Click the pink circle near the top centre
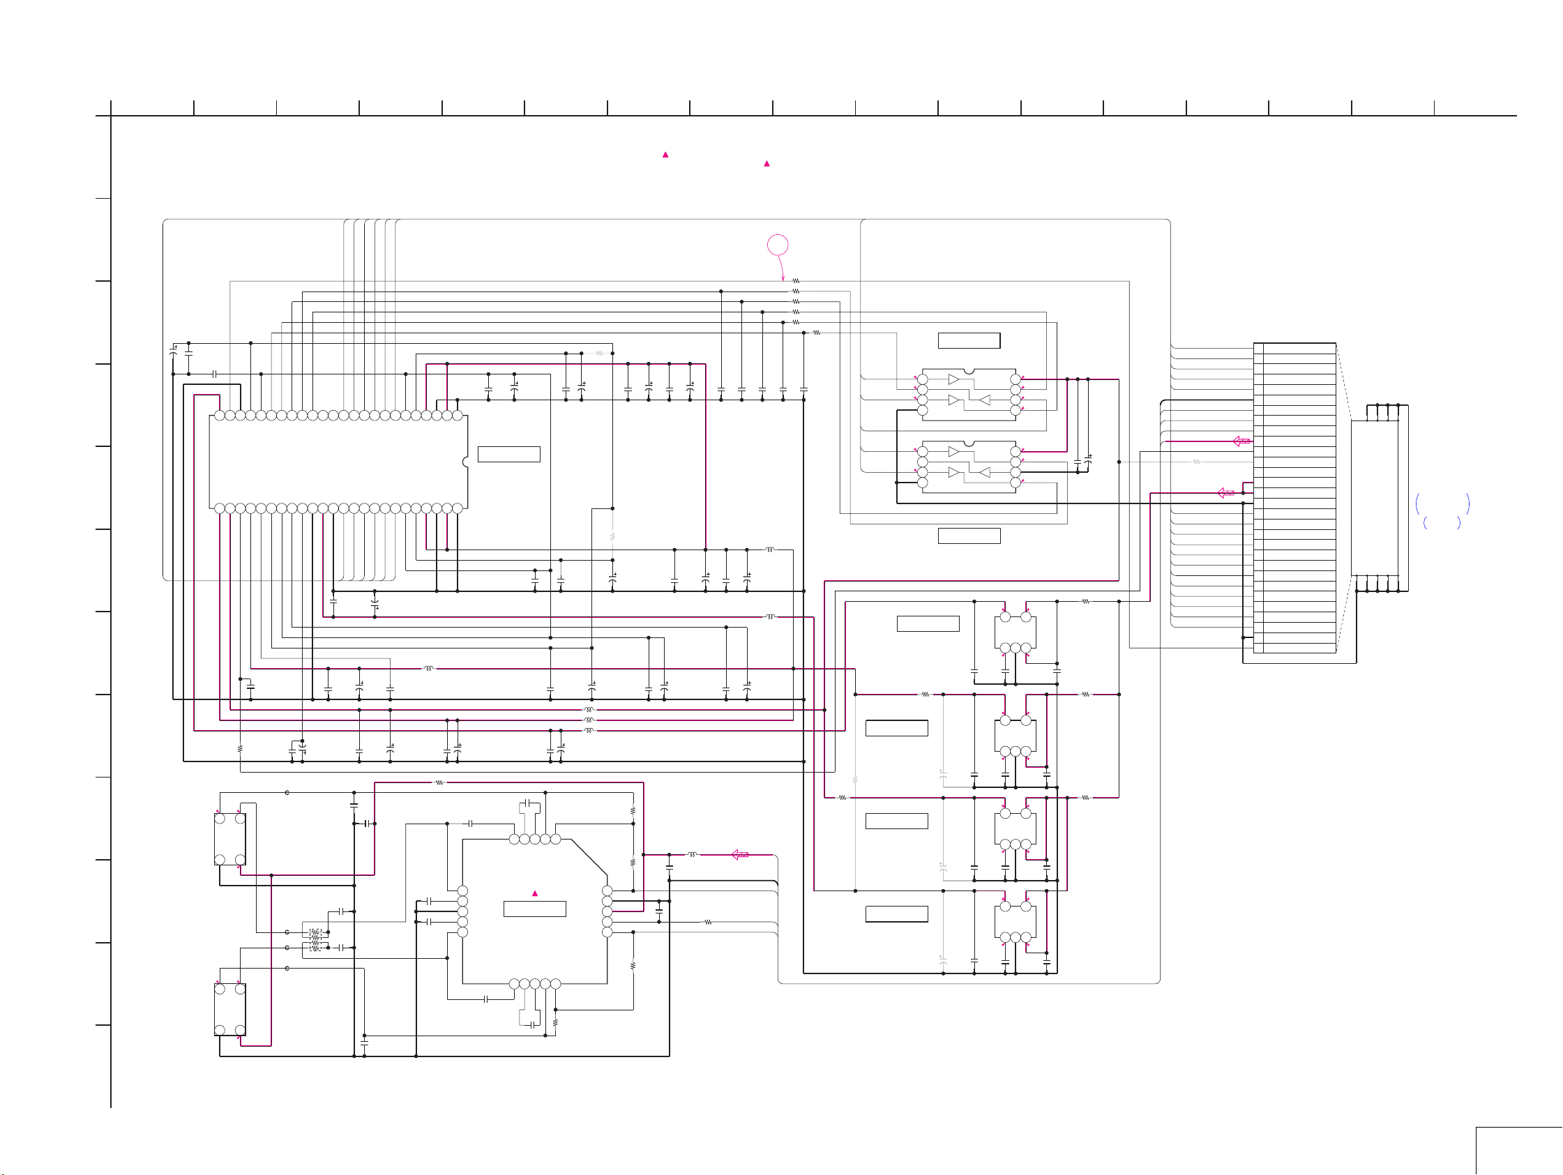point(777,245)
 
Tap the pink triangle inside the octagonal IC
point(535,894)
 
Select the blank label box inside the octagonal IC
point(534,909)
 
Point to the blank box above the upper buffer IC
point(969,340)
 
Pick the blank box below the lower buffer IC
point(969,536)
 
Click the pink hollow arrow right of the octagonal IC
point(740,854)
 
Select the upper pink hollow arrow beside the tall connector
point(1241,441)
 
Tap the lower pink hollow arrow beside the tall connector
point(1226,492)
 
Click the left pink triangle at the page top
point(665,155)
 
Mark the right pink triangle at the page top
point(767,164)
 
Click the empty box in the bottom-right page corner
point(1519,1152)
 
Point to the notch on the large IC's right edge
point(465,462)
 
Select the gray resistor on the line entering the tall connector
point(1196,462)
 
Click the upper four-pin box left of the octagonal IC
point(229,839)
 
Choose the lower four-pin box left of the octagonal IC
point(229,1009)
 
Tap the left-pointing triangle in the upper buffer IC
point(984,400)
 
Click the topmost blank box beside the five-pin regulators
point(928,623)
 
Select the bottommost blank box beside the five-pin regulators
point(897,914)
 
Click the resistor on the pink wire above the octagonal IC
point(439,782)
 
